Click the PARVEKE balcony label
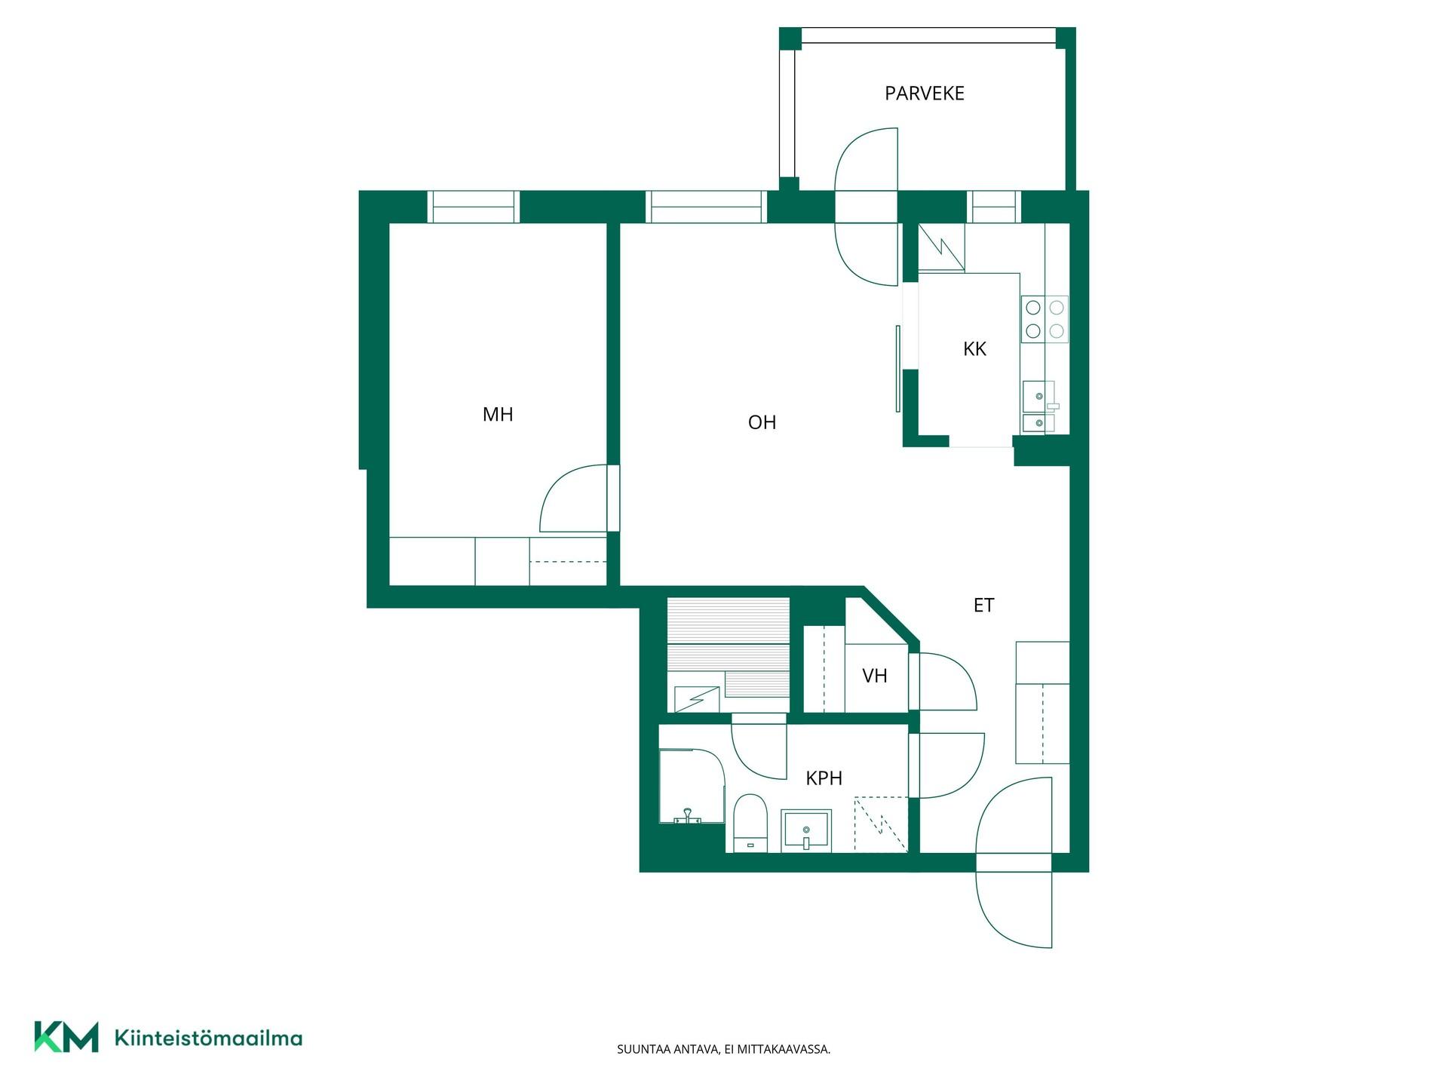(x=925, y=94)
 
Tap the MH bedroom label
(x=498, y=414)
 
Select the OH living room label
(x=762, y=422)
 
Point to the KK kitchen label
(x=974, y=349)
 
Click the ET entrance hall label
(x=983, y=605)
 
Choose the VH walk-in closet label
(x=875, y=676)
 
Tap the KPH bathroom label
(x=824, y=778)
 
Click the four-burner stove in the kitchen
(x=1045, y=319)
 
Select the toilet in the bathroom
(x=750, y=823)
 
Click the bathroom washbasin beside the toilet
(x=806, y=831)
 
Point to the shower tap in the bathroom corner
(x=687, y=816)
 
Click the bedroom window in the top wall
(x=474, y=207)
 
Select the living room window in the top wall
(x=706, y=207)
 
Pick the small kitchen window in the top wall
(x=993, y=207)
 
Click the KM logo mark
(x=66, y=1037)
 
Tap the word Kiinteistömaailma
(x=208, y=1038)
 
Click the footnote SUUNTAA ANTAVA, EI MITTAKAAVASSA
(x=723, y=1049)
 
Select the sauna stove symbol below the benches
(x=696, y=699)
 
